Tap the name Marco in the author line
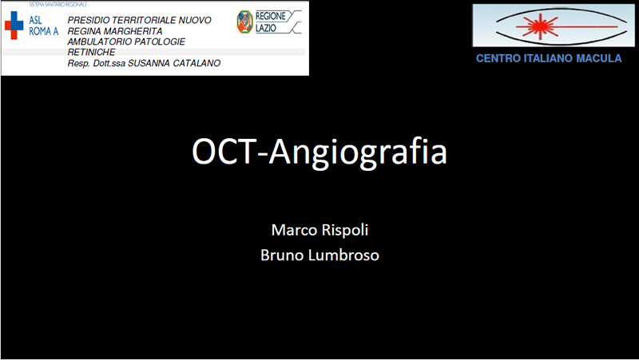(289, 230)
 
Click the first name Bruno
(282, 255)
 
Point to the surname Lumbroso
(343, 255)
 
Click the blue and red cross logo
(14, 26)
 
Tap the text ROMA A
(44, 31)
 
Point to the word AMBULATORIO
(97, 42)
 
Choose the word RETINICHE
(91, 52)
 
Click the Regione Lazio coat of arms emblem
(244, 22)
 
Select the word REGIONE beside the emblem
(271, 16)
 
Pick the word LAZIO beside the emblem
(266, 28)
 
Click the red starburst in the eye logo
(540, 26)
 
